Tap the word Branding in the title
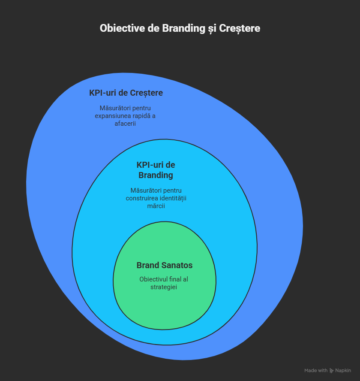tap(180, 28)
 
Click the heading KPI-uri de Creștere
tap(126, 93)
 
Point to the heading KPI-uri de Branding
tap(156, 170)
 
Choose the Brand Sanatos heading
tap(165, 265)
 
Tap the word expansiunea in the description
tap(114, 116)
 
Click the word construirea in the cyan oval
tap(141, 198)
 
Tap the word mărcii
tap(156, 206)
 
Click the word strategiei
tap(164, 287)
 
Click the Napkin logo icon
tap(331, 370)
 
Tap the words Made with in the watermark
tap(316, 370)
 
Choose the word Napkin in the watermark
tap(343, 370)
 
